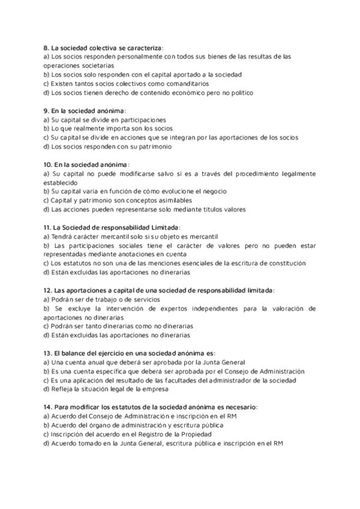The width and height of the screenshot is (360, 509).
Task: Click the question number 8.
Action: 46,47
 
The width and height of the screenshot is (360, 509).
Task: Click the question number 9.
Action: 46,110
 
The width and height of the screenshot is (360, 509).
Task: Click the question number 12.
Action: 47,290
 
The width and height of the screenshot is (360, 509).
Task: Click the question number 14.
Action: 47,407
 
